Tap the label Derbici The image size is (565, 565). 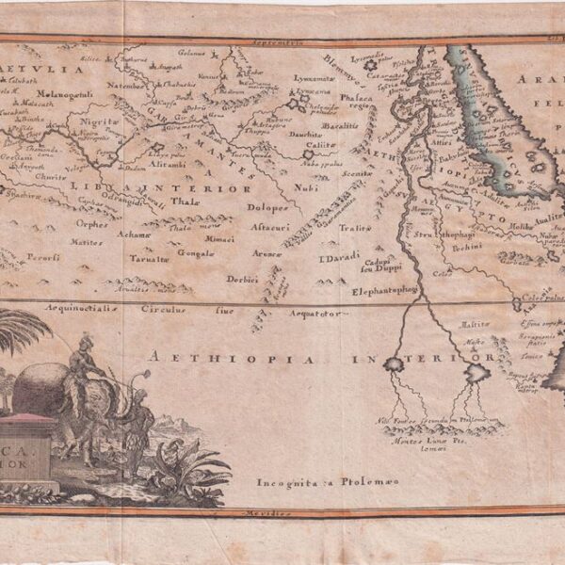242,279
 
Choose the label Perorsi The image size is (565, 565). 42,256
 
